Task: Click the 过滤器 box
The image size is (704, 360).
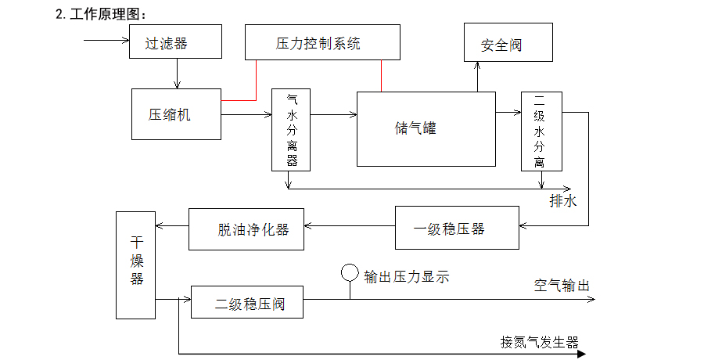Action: [x=175, y=41]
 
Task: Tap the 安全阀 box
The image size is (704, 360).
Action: [x=508, y=45]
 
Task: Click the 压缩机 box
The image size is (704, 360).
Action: [x=176, y=115]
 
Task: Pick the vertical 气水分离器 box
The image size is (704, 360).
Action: [x=291, y=130]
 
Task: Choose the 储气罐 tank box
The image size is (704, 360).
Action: [x=426, y=128]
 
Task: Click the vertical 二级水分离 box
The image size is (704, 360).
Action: [x=541, y=131]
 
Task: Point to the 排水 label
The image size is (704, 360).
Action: [x=563, y=200]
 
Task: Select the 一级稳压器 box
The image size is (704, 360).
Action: [x=457, y=228]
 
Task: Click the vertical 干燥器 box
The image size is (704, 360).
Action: [x=136, y=265]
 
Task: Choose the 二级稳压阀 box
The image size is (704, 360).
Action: [x=247, y=303]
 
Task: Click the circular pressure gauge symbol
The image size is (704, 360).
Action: [x=350, y=274]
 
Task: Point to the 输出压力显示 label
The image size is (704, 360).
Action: [x=407, y=276]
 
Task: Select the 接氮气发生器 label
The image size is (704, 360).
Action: [x=540, y=342]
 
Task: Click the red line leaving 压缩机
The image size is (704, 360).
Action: [x=239, y=100]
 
